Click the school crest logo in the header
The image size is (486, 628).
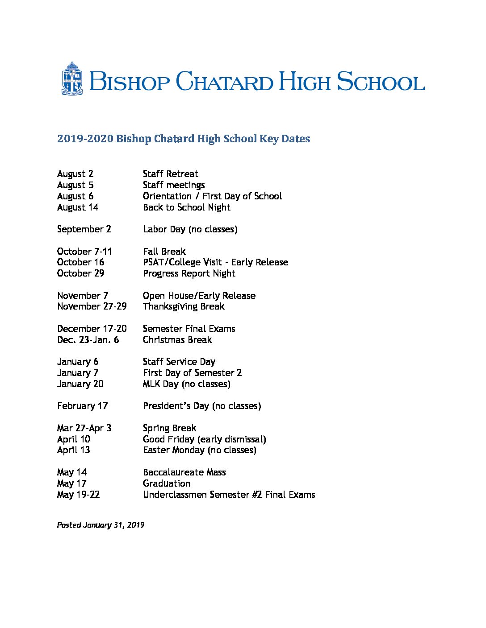pos(72,79)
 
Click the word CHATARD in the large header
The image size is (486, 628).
pos(224,82)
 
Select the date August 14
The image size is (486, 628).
pos(78,207)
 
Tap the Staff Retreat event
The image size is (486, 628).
pos(170,174)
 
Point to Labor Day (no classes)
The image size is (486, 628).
pos(190,229)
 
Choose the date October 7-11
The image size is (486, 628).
pos(84,252)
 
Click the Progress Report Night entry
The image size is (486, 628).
pos(189,273)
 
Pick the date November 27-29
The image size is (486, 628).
pos(92,306)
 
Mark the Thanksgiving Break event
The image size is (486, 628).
pos(184,306)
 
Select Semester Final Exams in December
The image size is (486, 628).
pos(189,329)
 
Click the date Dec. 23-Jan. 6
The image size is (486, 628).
pos(88,340)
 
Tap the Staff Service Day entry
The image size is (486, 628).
pos(179,362)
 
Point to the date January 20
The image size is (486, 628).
pos(80,384)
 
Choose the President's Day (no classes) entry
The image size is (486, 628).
pos(202,406)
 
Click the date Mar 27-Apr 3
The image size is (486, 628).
pos(84,428)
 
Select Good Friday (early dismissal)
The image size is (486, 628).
pos(204,439)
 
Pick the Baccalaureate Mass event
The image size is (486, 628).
pos(184,472)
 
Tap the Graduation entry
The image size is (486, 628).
pos(166,483)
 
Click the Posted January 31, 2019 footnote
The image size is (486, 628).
pos(101,525)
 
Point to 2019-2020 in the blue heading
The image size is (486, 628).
pos(85,139)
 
